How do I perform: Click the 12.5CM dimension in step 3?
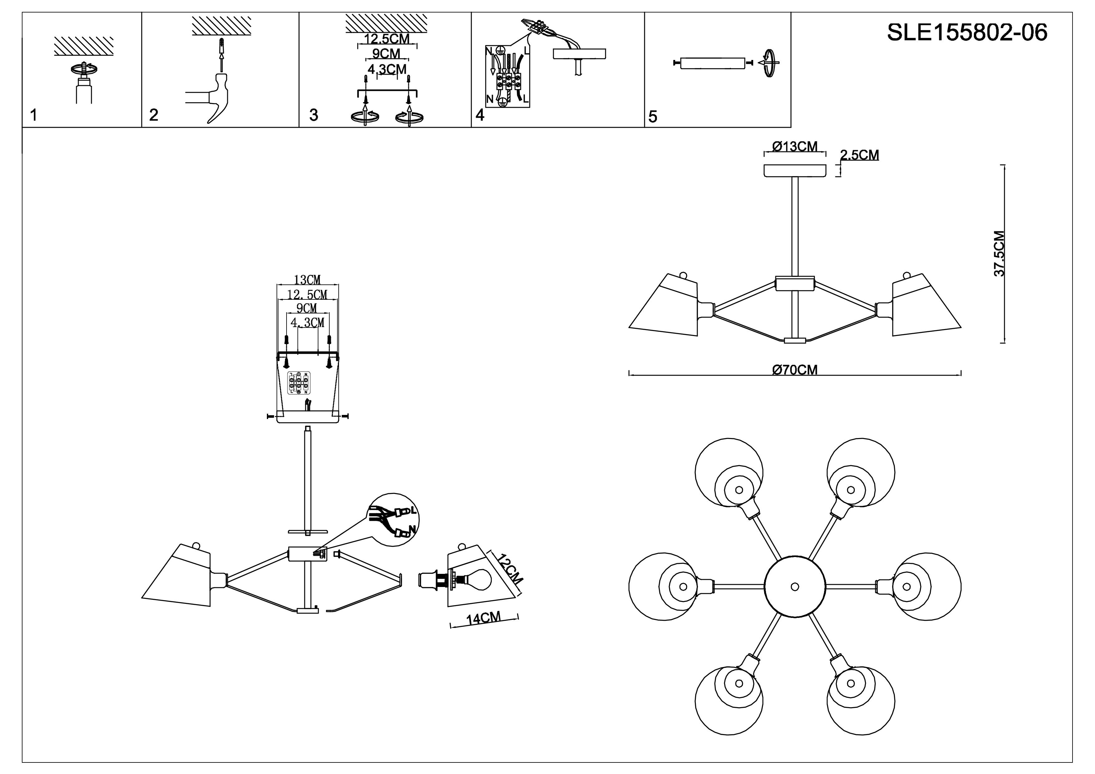[x=387, y=39]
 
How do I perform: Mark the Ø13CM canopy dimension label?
[x=795, y=146]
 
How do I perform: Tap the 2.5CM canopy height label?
[x=859, y=155]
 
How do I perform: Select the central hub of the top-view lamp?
[x=794, y=587]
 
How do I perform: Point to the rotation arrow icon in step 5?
[x=769, y=63]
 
